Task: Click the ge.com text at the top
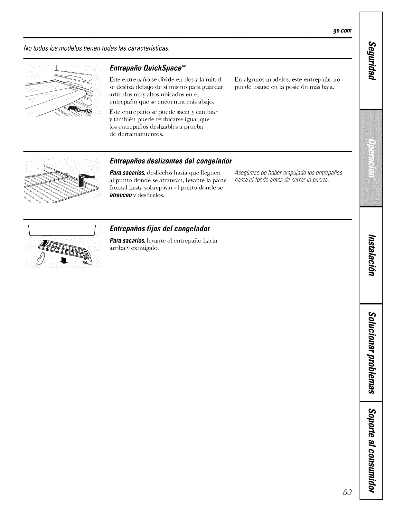point(342,31)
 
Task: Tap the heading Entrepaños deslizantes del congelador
point(171,161)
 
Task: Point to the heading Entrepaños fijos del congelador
point(160,229)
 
